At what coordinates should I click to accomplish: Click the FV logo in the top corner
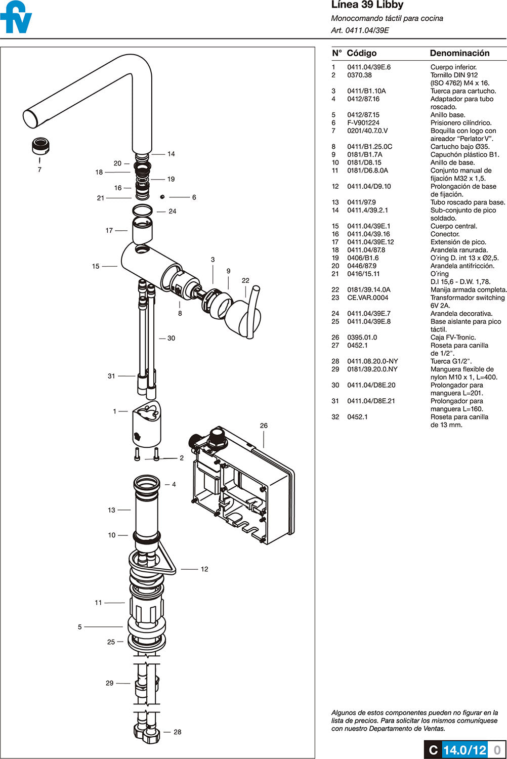pos(16,18)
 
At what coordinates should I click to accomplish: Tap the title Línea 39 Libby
pos(367,5)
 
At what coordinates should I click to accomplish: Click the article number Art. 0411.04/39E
pos(360,30)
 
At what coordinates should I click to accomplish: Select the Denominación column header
pos(459,53)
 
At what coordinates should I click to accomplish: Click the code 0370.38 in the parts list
pos(359,75)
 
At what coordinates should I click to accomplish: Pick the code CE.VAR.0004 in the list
pos(367,298)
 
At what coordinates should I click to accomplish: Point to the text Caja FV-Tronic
pos(453,338)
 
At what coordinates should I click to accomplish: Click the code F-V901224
pos(363,123)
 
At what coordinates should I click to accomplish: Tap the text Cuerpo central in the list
pos(453,226)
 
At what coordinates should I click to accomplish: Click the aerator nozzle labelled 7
pos(40,146)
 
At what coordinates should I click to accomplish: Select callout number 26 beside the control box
pos(264,426)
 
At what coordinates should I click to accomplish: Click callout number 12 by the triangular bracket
pos(204,569)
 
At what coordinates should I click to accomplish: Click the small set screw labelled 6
pos(162,197)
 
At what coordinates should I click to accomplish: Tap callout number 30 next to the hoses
pos(171,338)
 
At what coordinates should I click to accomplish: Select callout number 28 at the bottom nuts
pos(177,732)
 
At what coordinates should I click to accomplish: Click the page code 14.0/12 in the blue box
pos(464,750)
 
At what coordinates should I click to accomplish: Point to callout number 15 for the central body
pos(96,266)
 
